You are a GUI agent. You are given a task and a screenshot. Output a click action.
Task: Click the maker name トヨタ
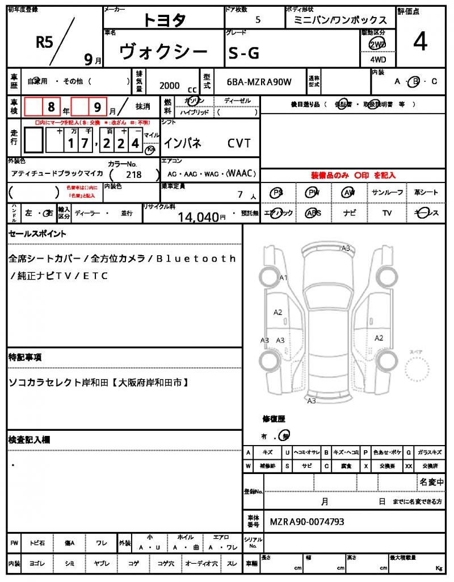(164, 20)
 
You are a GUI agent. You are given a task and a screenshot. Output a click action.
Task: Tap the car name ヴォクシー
(163, 52)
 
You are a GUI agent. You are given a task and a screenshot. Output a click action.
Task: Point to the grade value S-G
(244, 53)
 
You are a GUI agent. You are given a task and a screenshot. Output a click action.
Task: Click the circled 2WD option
(377, 44)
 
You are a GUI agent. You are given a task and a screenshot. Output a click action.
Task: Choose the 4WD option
(377, 59)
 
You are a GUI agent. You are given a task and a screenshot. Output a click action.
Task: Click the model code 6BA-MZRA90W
(259, 82)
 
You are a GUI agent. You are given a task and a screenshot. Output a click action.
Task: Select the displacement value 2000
(170, 85)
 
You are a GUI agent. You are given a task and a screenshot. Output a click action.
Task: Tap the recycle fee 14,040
(198, 216)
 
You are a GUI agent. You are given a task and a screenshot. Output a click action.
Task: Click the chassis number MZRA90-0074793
(306, 522)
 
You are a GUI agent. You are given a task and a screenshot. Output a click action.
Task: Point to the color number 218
(134, 175)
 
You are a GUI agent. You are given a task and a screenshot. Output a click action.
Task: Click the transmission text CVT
(239, 143)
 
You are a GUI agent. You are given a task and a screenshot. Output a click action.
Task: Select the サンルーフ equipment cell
(388, 193)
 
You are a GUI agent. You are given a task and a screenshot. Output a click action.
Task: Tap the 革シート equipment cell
(426, 193)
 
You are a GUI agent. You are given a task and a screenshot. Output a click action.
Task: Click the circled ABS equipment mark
(313, 213)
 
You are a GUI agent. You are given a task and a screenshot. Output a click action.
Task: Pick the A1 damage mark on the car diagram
(284, 277)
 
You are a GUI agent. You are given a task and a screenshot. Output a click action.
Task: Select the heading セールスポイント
(37, 234)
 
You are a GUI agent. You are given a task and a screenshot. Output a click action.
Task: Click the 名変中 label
(431, 483)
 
